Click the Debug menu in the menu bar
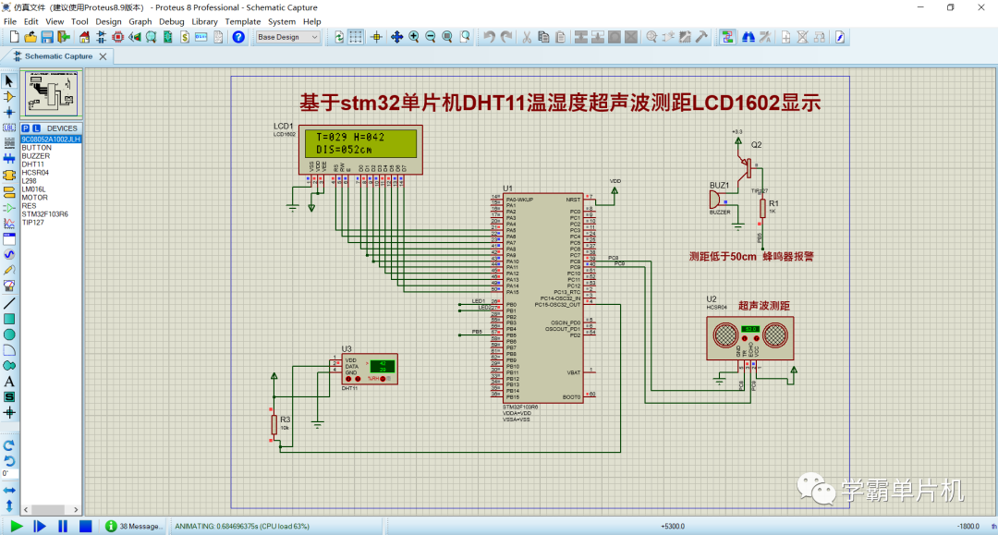coord(171,21)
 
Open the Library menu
coord(204,21)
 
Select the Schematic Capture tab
coord(57,55)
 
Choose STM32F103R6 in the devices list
coord(44,214)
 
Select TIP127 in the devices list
coord(33,223)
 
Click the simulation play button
coord(17,526)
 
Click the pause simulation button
coord(63,526)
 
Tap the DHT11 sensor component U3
coord(369,370)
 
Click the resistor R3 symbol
coord(273,424)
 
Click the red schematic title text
coord(560,103)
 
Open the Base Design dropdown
coord(287,37)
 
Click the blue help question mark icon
coord(238,37)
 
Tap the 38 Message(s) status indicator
coord(134,526)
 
